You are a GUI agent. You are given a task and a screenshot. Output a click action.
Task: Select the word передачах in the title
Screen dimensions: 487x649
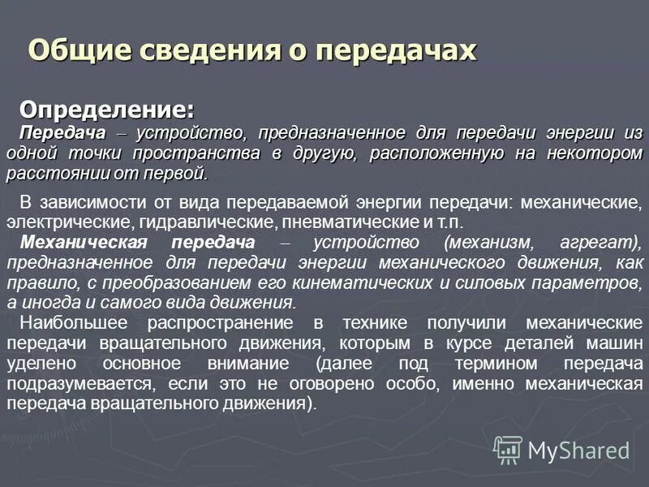point(395,50)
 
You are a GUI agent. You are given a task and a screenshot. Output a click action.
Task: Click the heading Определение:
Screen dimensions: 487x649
point(107,109)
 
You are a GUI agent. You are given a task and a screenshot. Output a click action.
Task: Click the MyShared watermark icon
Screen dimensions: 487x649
point(508,449)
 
